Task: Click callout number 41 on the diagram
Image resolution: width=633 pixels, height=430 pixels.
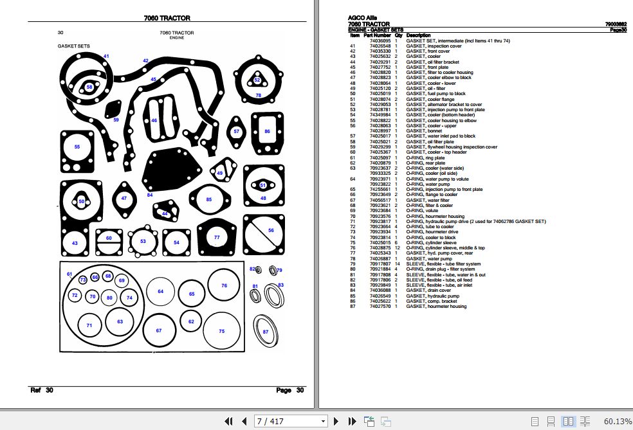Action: (x=106, y=57)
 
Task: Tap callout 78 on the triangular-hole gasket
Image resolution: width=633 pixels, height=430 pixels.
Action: (x=259, y=95)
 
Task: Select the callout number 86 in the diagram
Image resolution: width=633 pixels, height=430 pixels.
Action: (x=268, y=131)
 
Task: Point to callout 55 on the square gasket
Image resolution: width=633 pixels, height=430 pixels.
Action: (x=77, y=147)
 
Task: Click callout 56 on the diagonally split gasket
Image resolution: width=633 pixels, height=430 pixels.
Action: (x=271, y=230)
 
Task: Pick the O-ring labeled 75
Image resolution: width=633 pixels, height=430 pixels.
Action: (x=222, y=331)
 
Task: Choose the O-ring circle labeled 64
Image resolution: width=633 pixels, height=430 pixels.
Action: (x=161, y=292)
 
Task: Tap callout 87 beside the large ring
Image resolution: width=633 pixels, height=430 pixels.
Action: (x=265, y=331)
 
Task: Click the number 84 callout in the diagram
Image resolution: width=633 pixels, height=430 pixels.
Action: (x=150, y=195)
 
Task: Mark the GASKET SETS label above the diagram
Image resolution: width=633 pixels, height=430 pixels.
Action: (x=74, y=46)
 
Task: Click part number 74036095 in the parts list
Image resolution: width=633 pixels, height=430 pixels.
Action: (x=380, y=40)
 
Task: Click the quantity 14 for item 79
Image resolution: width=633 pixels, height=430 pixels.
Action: (x=398, y=264)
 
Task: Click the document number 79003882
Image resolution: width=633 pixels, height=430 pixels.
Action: (x=616, y=24)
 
